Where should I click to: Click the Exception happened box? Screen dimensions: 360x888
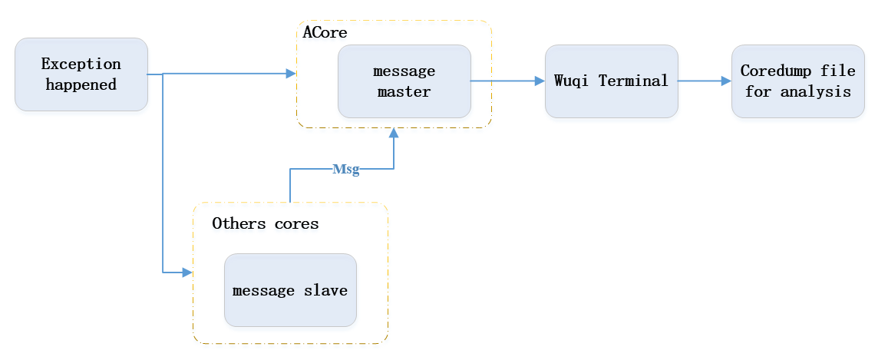[x=81, y=74]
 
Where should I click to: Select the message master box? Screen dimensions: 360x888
[x=404, y=81]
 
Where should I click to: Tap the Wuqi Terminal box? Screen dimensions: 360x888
[x=611, y=81]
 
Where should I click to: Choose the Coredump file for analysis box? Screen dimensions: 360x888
[x=797, y=81]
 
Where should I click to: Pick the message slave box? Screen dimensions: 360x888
[x=290, y=290]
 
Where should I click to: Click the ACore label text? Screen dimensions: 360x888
[x=325, y=33]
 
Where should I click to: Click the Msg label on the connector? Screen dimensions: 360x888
[x=345, y=170]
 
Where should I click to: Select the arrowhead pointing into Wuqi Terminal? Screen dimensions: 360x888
[x=540, y=81]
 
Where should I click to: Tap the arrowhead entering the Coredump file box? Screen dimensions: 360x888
[x=726, y=81]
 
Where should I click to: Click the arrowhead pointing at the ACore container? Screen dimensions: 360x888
[x=291, y=74]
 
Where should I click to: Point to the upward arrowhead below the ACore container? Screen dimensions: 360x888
[x=394, y=134]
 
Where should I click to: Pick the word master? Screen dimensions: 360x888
[x=404, y=92]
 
